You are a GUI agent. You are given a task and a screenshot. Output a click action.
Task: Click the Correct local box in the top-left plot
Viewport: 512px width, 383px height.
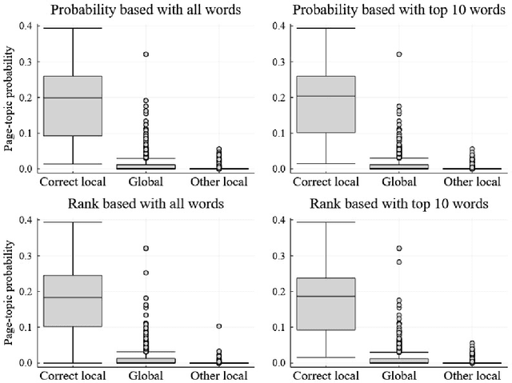73,106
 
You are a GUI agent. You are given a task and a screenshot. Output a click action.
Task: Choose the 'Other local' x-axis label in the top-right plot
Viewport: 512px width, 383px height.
471,182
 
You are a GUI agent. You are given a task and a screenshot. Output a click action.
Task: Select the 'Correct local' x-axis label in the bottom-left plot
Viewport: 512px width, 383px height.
73,375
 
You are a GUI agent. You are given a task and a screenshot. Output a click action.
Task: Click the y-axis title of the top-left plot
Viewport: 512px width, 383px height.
9,98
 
